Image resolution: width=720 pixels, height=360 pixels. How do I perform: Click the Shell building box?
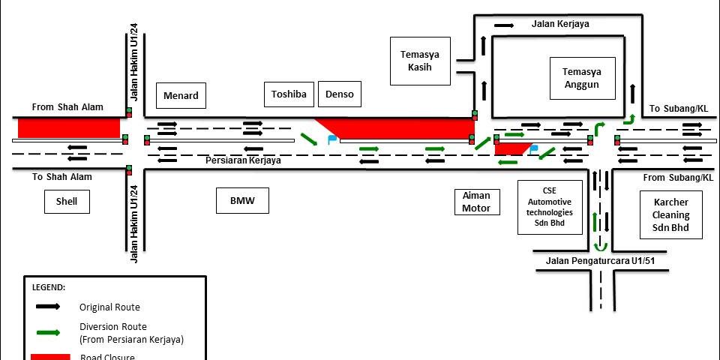67,200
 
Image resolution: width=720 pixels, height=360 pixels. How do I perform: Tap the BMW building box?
243,200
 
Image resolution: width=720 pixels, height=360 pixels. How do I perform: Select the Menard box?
181,95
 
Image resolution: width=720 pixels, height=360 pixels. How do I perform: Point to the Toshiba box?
289,94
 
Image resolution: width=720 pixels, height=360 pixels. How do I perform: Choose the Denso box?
340,94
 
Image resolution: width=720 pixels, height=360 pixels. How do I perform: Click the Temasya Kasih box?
420,61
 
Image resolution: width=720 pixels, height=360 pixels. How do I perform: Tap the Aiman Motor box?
476,202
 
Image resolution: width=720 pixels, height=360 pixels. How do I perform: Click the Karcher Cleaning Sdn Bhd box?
670,214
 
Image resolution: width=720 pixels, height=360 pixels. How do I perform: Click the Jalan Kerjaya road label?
560,24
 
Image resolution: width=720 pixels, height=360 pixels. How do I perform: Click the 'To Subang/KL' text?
679,108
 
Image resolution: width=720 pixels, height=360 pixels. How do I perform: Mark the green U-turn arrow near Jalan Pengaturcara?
599,245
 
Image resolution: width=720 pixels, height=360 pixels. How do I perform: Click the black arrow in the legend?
49,307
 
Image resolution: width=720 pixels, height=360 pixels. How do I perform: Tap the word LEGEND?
49,287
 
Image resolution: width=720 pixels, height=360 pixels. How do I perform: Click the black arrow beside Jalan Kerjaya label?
503,25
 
